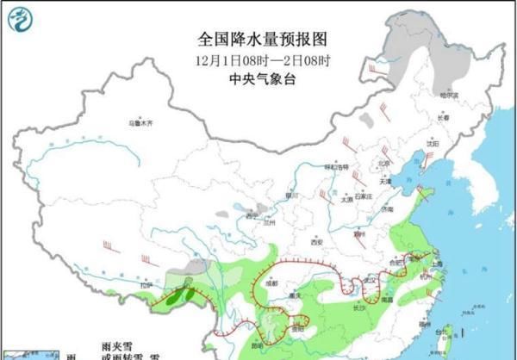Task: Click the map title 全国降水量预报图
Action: (258, 39)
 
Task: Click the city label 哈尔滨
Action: (448, 95)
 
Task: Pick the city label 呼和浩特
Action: (335, 166)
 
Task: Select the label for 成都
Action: (272, 282)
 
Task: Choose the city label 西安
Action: (316, 242)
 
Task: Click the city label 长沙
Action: (359, 306)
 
